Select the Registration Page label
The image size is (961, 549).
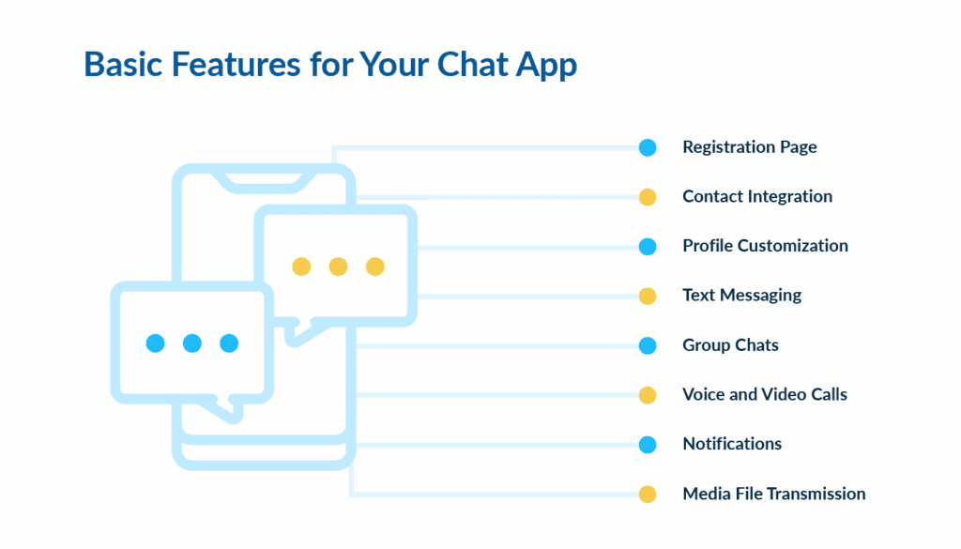[x=749, y=147]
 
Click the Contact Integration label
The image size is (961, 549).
[x=756, y=197]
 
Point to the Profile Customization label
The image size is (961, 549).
[x=765, y=246]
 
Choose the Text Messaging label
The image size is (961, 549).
[x=741, y=296]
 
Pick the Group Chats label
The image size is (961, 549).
[x=730, y=345]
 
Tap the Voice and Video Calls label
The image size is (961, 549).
[x=764, y=394]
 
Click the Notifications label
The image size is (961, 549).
[x=732, y=444]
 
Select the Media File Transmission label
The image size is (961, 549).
[x=773, y=494]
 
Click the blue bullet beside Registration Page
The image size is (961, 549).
[x=648, y=147]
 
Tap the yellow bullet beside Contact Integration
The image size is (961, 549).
[x=648, y=197]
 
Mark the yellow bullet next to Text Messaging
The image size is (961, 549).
[x=648, y=296]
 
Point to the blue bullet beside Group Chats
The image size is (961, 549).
[x=648, y=345]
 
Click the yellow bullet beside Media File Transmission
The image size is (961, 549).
[x=648, y=494]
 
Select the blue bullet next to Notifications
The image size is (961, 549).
[x=648, y=444]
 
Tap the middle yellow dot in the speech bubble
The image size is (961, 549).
[x=338, y=267]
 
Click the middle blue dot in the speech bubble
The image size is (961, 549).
[x=192, y=343]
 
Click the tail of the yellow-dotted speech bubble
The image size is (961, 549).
[x=298, y=331]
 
